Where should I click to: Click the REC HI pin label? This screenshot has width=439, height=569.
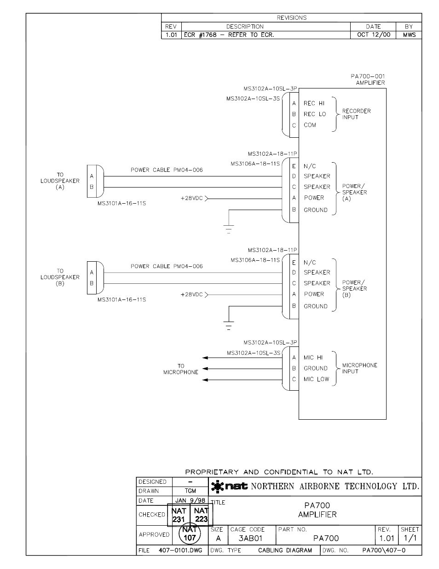tap(314, 104)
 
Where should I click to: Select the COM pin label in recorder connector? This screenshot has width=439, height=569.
tap(310, 125)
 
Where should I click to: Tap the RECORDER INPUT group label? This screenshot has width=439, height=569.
tap(356, 114)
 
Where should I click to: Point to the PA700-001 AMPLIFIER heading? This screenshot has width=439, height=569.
tap(367, 80)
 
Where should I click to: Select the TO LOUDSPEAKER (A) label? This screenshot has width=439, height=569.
tap(60, 181)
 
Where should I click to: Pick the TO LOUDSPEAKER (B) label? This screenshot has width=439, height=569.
tap(60, 277)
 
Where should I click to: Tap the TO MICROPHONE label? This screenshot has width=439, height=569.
tap(181, 369)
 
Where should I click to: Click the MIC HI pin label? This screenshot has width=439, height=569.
tap(313, 358)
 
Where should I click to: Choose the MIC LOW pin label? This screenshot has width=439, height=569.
tap(316, 380)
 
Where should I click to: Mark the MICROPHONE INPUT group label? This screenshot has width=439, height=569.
tap(359, 369)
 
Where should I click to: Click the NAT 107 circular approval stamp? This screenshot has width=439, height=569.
tap(190, 534)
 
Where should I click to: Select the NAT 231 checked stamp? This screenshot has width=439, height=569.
tap(179, 515)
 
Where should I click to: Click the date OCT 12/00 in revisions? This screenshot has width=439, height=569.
tap(373, 35)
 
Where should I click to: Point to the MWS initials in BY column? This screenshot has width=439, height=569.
tap(409, 35)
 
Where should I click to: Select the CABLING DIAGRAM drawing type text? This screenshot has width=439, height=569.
tap(285, 551)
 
